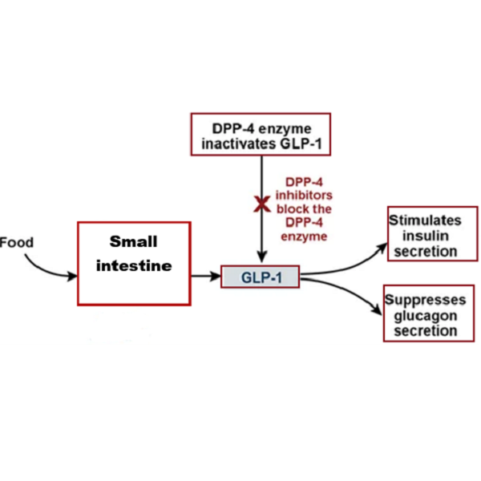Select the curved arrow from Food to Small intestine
44,270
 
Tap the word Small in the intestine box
134,242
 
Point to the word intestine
134,265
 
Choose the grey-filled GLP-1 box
260,277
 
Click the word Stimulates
426,220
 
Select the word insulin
425,236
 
